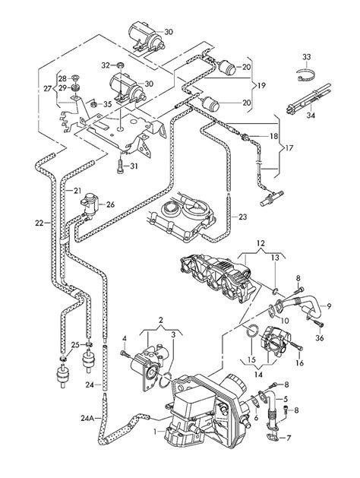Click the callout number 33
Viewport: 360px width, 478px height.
306,57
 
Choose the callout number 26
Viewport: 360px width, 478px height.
110,204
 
